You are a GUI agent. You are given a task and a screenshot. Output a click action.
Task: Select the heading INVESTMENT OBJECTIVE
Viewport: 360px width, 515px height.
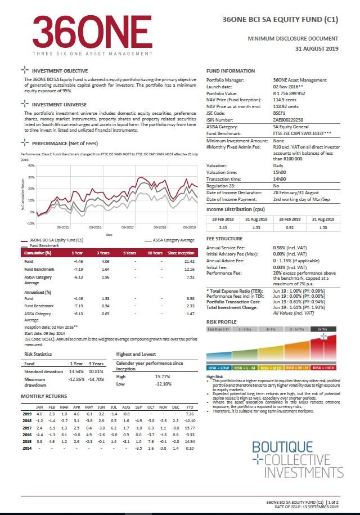[60, 71]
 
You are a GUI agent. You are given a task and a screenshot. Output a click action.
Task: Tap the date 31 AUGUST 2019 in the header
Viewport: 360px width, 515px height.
[317, 49]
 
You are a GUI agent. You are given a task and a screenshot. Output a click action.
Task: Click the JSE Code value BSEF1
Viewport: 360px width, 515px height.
[279, 113]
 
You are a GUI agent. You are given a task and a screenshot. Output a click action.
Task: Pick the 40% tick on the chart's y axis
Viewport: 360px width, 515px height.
[31, 165]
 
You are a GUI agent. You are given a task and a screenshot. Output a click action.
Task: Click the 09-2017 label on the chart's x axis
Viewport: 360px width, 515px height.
[127, 227]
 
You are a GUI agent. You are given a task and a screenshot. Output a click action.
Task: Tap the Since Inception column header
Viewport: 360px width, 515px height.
[181, 253]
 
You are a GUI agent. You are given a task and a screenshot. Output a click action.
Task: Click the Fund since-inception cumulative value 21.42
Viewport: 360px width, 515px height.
[189, 262]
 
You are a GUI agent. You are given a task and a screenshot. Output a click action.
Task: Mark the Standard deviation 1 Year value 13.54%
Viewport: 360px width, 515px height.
[75, 372]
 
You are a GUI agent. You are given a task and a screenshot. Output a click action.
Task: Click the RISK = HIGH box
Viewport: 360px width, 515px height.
[325, 368]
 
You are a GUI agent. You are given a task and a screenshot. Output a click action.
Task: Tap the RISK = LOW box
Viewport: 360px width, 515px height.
[218, 368]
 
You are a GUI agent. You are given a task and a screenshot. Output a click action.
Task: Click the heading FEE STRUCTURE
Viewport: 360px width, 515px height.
[224, 239]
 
